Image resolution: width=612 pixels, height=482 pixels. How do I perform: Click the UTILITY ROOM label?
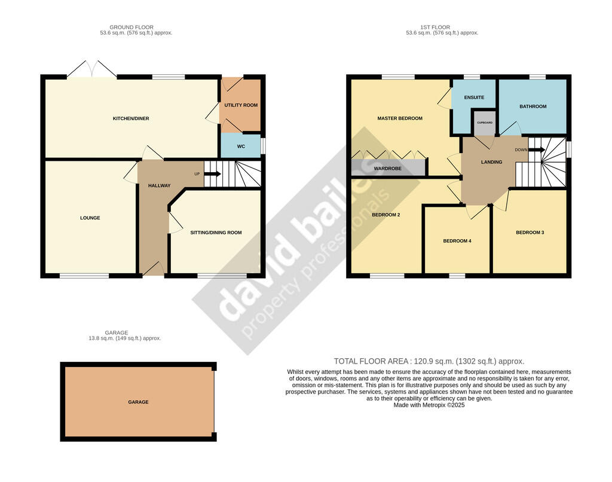(x=241, y=105)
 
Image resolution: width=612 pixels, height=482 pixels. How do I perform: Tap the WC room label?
(x=241, y=147)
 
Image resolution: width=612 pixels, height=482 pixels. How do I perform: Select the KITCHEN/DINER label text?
(x=131, y=118)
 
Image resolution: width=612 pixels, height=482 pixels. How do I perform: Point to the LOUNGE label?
(x=90, y=218)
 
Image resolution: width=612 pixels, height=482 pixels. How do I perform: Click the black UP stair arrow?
(x=212, y=174)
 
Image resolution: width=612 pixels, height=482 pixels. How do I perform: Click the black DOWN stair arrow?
(x=537, y=150)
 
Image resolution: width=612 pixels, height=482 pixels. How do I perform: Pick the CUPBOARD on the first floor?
(x=485, y=123)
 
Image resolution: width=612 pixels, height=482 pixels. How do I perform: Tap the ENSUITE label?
(x=474, y=97)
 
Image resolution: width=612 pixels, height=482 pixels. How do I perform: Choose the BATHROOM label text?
(x=533, y=106)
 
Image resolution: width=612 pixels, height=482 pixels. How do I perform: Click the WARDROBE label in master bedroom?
(x=387, y=169)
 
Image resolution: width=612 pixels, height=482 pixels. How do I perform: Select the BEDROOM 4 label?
(x=457, y=241)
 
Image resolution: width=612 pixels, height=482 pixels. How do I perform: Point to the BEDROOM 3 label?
(x=530, y=233)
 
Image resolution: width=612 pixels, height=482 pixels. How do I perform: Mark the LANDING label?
(x=491, y=162)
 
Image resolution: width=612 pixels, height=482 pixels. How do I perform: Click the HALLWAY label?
(x=159, y=186)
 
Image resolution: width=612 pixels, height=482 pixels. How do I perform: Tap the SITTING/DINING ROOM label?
(x=216, y=233)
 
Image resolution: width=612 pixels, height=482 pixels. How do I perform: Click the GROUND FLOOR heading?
(x=131, y=28)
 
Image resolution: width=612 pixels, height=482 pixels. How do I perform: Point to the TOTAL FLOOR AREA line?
(x=429, y=361)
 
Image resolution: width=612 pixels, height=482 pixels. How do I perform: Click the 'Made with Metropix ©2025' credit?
(x=429, y=405)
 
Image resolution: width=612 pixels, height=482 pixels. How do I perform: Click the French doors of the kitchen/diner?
(x=92, y=69)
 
